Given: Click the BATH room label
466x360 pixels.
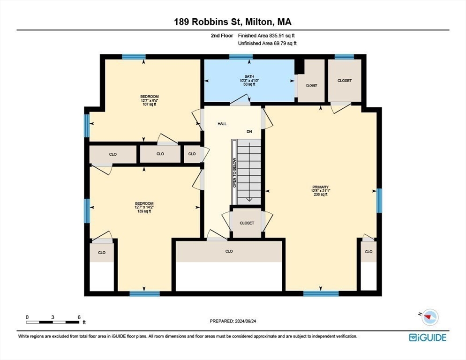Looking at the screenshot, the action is click(249, 77).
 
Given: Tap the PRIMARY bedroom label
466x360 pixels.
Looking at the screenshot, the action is click(320, 187).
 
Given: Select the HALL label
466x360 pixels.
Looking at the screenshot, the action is click(222, 124).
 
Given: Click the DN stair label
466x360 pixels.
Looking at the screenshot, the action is click(249, 131).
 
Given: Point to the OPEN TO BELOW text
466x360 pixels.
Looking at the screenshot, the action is click(234, 172).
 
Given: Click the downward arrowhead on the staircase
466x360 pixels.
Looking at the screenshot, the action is click(249, 199).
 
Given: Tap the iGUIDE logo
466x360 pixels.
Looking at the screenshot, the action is click(428, 337).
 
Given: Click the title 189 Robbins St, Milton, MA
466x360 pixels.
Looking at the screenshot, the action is click(233, 22).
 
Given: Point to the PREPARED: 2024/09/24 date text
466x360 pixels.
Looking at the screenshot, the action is click(233, 321).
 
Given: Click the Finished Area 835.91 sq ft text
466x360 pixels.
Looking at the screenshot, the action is click(266, 36).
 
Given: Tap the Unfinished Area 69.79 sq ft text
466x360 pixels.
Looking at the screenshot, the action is click(267, 44).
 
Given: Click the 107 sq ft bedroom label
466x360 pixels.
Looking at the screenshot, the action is click(150, 105).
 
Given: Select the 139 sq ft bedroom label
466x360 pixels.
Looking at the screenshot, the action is click(144, 211).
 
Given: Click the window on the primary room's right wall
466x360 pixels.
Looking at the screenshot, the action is click(379, 201).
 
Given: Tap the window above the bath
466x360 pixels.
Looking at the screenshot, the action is click(241, 57).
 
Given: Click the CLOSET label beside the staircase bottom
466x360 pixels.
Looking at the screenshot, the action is click(247, 223).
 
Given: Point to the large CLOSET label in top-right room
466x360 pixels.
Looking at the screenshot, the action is click(345, 81).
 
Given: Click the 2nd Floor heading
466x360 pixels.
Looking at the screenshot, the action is click(222, 36).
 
